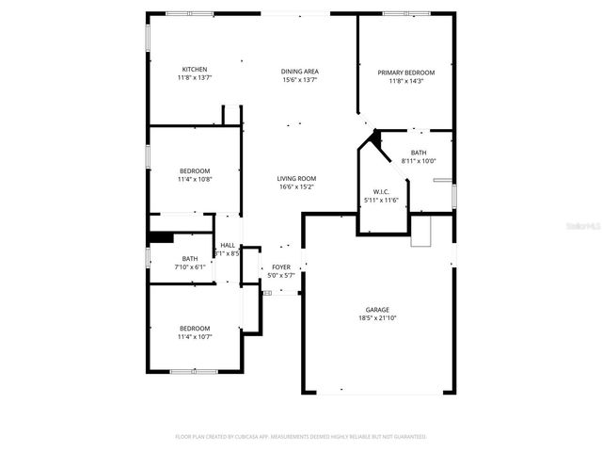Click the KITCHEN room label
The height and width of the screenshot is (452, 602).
click(195, 70)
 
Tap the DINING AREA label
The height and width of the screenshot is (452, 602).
click(300, 72)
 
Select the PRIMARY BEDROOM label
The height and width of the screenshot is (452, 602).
click(406, 73)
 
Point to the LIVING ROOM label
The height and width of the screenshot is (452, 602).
click(296, 179)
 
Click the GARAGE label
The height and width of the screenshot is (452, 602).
click(377, 310)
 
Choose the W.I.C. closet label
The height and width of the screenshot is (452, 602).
click(381, 192)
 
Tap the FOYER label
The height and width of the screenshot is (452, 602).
click(281, 267)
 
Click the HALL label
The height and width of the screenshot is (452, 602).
click(228, 245)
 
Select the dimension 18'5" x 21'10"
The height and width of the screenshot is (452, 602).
click(377, 318)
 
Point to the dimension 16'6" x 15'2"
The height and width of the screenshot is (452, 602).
click(296, 187)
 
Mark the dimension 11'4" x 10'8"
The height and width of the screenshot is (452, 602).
click(195, 179)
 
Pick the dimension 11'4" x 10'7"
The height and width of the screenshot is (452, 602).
click(195, 336)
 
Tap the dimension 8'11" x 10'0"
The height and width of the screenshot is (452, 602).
click(419, 161)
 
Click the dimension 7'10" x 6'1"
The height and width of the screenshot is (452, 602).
click(190, 267)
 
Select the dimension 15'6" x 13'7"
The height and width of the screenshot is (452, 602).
click(300, 80)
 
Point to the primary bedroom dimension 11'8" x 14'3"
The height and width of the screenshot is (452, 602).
click(406, 81)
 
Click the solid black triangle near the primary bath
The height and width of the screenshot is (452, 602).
click(375, 137)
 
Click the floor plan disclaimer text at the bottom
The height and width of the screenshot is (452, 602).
click(301, 437)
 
